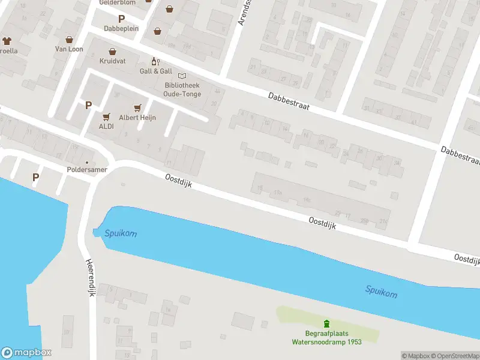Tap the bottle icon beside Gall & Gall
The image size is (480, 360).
(154, 61)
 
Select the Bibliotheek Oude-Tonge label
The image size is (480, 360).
(182, 89)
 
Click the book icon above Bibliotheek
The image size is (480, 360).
(182, 76)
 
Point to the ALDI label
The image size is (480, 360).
(106, 127)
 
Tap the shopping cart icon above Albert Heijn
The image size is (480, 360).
(138, 107)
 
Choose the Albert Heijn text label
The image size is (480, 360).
(137, 118)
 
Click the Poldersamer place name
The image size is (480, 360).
(86, 170)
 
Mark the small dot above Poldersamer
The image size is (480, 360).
(86, 162)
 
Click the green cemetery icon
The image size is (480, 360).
(326, 323)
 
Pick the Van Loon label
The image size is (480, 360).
(69, 49)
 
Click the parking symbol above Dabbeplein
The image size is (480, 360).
(122, 19)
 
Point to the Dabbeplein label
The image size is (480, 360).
(122, 28)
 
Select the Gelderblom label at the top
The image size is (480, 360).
(117, 2)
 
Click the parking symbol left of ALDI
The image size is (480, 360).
(88, 105)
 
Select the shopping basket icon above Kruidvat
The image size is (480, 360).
(112, 52)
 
